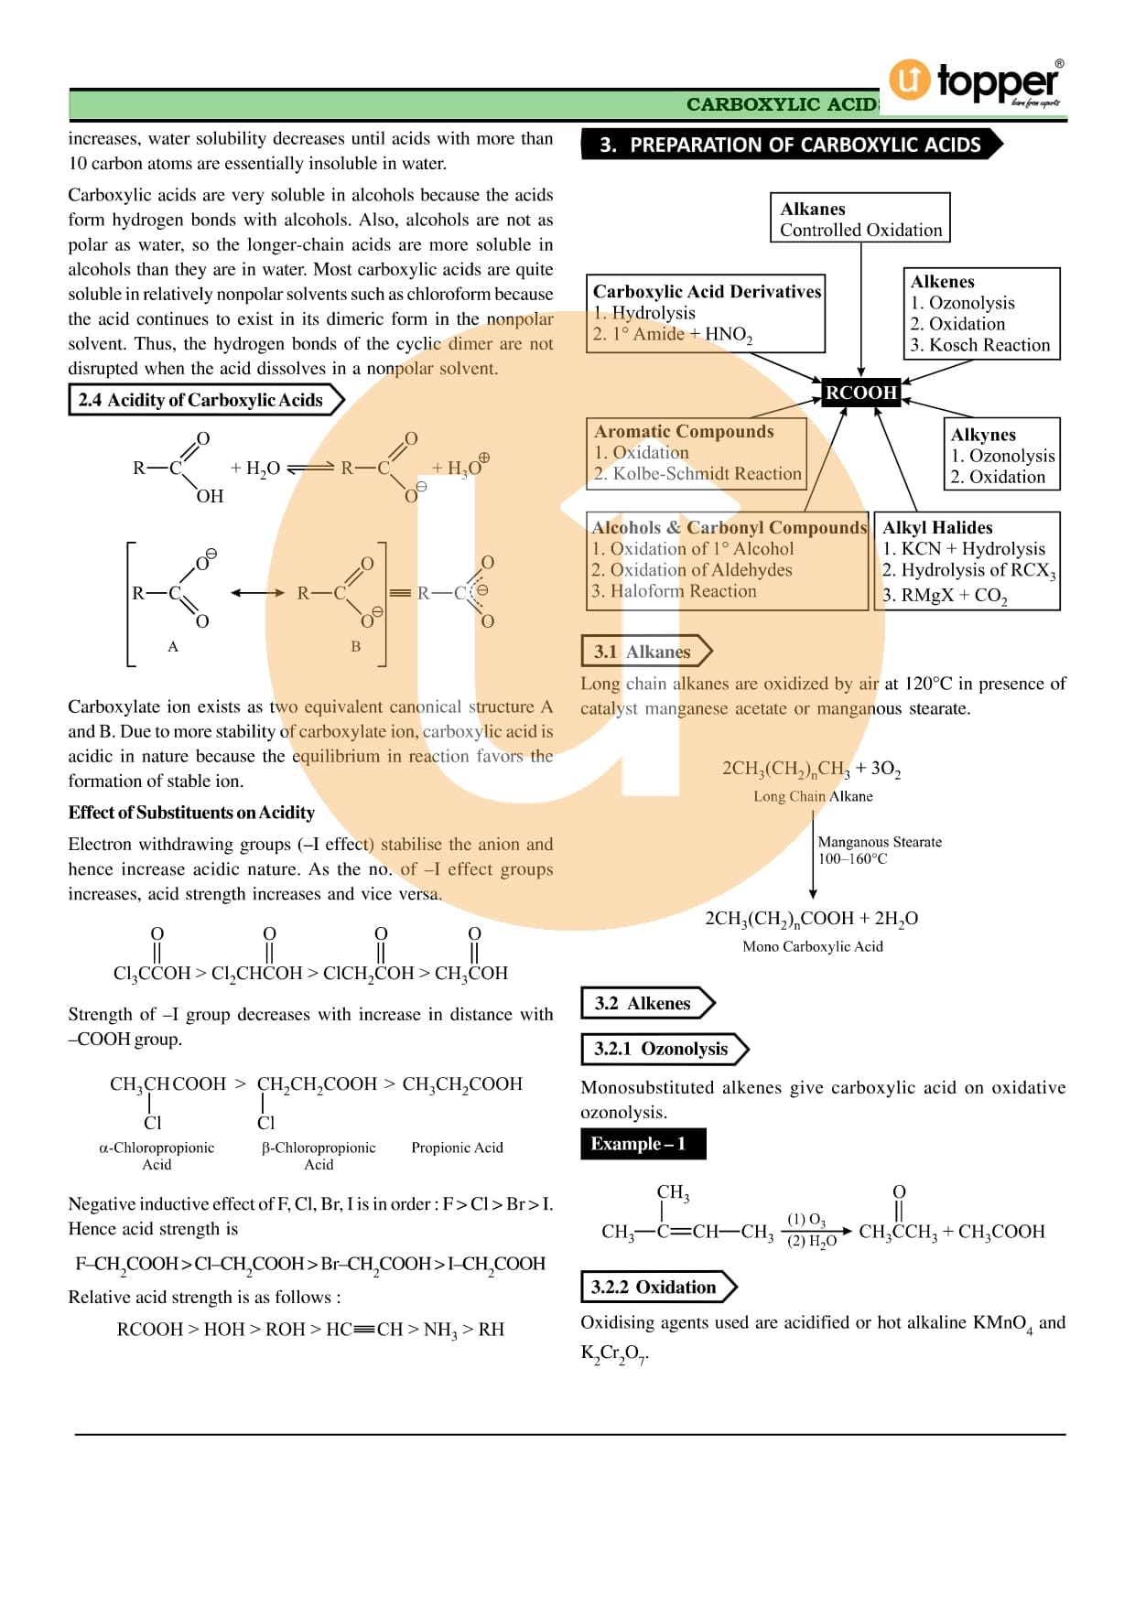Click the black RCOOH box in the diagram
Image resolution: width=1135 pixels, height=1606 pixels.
(861, 393)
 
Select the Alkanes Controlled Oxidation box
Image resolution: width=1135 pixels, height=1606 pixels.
(859, 219)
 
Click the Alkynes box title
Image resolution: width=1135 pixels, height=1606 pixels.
(983, 435)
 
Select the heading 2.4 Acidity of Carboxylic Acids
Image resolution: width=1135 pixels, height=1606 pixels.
(200, 400)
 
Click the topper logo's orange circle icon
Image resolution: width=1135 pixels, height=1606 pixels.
(909, 80)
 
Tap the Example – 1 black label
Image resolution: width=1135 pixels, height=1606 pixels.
(643, 1144)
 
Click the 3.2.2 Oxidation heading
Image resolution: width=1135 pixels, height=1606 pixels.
(654, 1287)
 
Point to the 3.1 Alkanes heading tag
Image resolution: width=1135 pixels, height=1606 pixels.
(642, 652)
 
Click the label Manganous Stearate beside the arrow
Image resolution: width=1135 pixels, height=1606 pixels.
(879, 842)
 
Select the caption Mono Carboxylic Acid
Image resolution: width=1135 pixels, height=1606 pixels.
(813, 946)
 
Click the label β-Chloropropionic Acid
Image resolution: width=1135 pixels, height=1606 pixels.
(319, 1156)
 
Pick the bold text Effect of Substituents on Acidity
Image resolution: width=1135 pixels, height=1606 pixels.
(191, 813)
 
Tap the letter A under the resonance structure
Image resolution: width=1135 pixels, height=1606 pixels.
(173, 647)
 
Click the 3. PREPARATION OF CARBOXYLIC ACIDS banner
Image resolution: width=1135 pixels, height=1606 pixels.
(790, 145)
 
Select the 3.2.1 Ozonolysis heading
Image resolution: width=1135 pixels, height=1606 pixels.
(661, 1049)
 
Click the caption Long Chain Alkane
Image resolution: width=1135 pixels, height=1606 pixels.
(813, 796)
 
